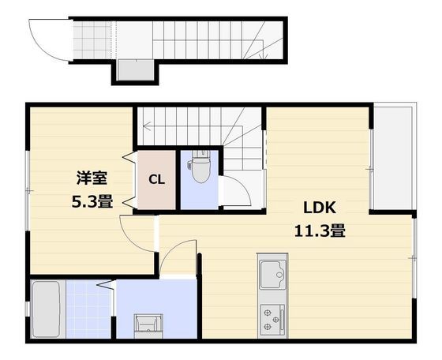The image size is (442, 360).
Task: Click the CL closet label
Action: (x=157, y=179)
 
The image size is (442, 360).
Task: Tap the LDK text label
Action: (x=320, y=208)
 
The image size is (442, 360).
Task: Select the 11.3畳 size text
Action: (x=320, y=231)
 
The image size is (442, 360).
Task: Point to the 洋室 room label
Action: (x=92, y=178)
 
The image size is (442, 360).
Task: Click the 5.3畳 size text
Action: (x=92, y=201)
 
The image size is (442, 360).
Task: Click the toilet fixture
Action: (x=200, y=167)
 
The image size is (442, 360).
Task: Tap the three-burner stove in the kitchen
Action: (x=272, y=320)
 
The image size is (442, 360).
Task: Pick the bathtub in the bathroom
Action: (x=46, y=309)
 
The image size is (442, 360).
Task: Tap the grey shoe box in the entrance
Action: (x=136, y=69)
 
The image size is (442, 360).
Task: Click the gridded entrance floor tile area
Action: (x=92, y=40)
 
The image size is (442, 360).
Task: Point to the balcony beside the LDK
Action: (x=393, y=158)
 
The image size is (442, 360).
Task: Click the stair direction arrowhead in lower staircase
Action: (x=146, y=126)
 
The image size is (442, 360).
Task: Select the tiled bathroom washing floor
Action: (x=89, y=309)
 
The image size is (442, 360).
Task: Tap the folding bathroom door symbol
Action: (x=107, y=285)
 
